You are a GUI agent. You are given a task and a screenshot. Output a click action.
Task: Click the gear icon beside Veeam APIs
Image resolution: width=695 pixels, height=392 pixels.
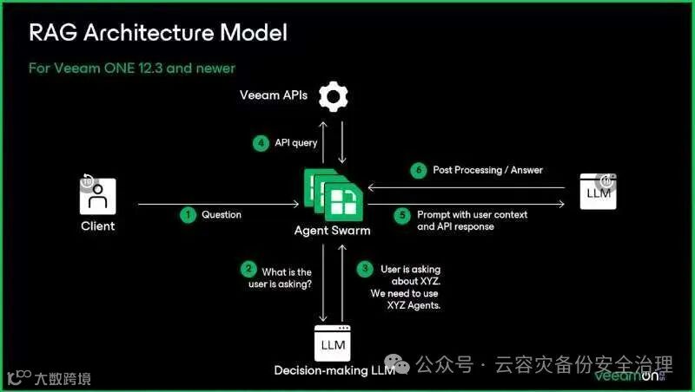(333, 95)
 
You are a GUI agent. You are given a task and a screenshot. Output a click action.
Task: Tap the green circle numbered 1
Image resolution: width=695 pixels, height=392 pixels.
(188, 214)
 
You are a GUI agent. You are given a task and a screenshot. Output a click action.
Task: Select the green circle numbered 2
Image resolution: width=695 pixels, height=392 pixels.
(248, 270)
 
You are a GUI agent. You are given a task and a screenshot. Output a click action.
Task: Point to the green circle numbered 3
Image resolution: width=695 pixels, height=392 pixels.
(365, 270)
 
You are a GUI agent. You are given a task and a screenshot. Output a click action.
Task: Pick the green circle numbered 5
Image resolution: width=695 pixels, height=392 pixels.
(401, 215)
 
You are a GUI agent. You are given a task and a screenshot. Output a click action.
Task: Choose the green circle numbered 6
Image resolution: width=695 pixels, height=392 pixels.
(419, 170)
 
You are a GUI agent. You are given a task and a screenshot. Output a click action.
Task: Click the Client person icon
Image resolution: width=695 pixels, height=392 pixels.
(98, 194)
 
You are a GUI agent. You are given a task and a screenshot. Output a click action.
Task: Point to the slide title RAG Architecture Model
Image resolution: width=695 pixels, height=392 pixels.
(158, 34)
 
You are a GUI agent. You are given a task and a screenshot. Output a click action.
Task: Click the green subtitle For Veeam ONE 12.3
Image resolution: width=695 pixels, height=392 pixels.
(131, 68)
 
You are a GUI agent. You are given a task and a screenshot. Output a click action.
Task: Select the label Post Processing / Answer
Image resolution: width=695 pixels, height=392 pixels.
(487, 170)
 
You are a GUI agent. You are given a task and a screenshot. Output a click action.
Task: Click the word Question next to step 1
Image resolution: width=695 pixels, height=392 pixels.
(222, 214)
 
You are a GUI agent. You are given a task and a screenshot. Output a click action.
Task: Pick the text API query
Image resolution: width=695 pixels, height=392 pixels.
(297, 144)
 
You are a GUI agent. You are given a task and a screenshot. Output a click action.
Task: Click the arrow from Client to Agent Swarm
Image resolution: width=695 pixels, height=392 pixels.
(217, 205)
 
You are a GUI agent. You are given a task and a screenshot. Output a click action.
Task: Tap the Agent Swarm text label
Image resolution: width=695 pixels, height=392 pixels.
(331, 231)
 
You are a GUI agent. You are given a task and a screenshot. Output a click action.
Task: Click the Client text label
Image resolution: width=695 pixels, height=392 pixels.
(97, 226)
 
